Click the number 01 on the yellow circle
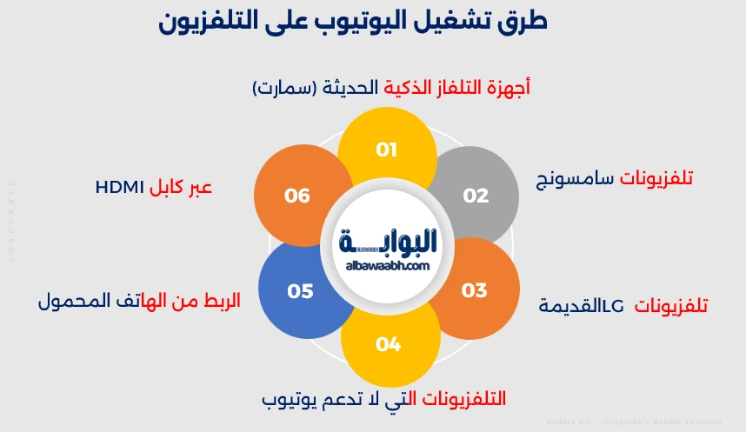[387, 150]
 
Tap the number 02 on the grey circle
[476, 196]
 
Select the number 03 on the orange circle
[474, 289]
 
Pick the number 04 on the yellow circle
[388, 344]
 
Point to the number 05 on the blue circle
[299, 290]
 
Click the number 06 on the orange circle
[297, 196]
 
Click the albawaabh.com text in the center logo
[388, 266]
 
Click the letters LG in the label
[613, 306]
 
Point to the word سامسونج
[575, 180]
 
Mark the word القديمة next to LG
[570, 306]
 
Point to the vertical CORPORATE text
[11, 222]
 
